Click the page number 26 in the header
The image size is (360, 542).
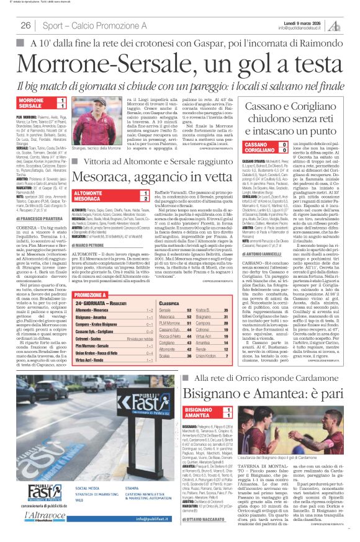(26, 25)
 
